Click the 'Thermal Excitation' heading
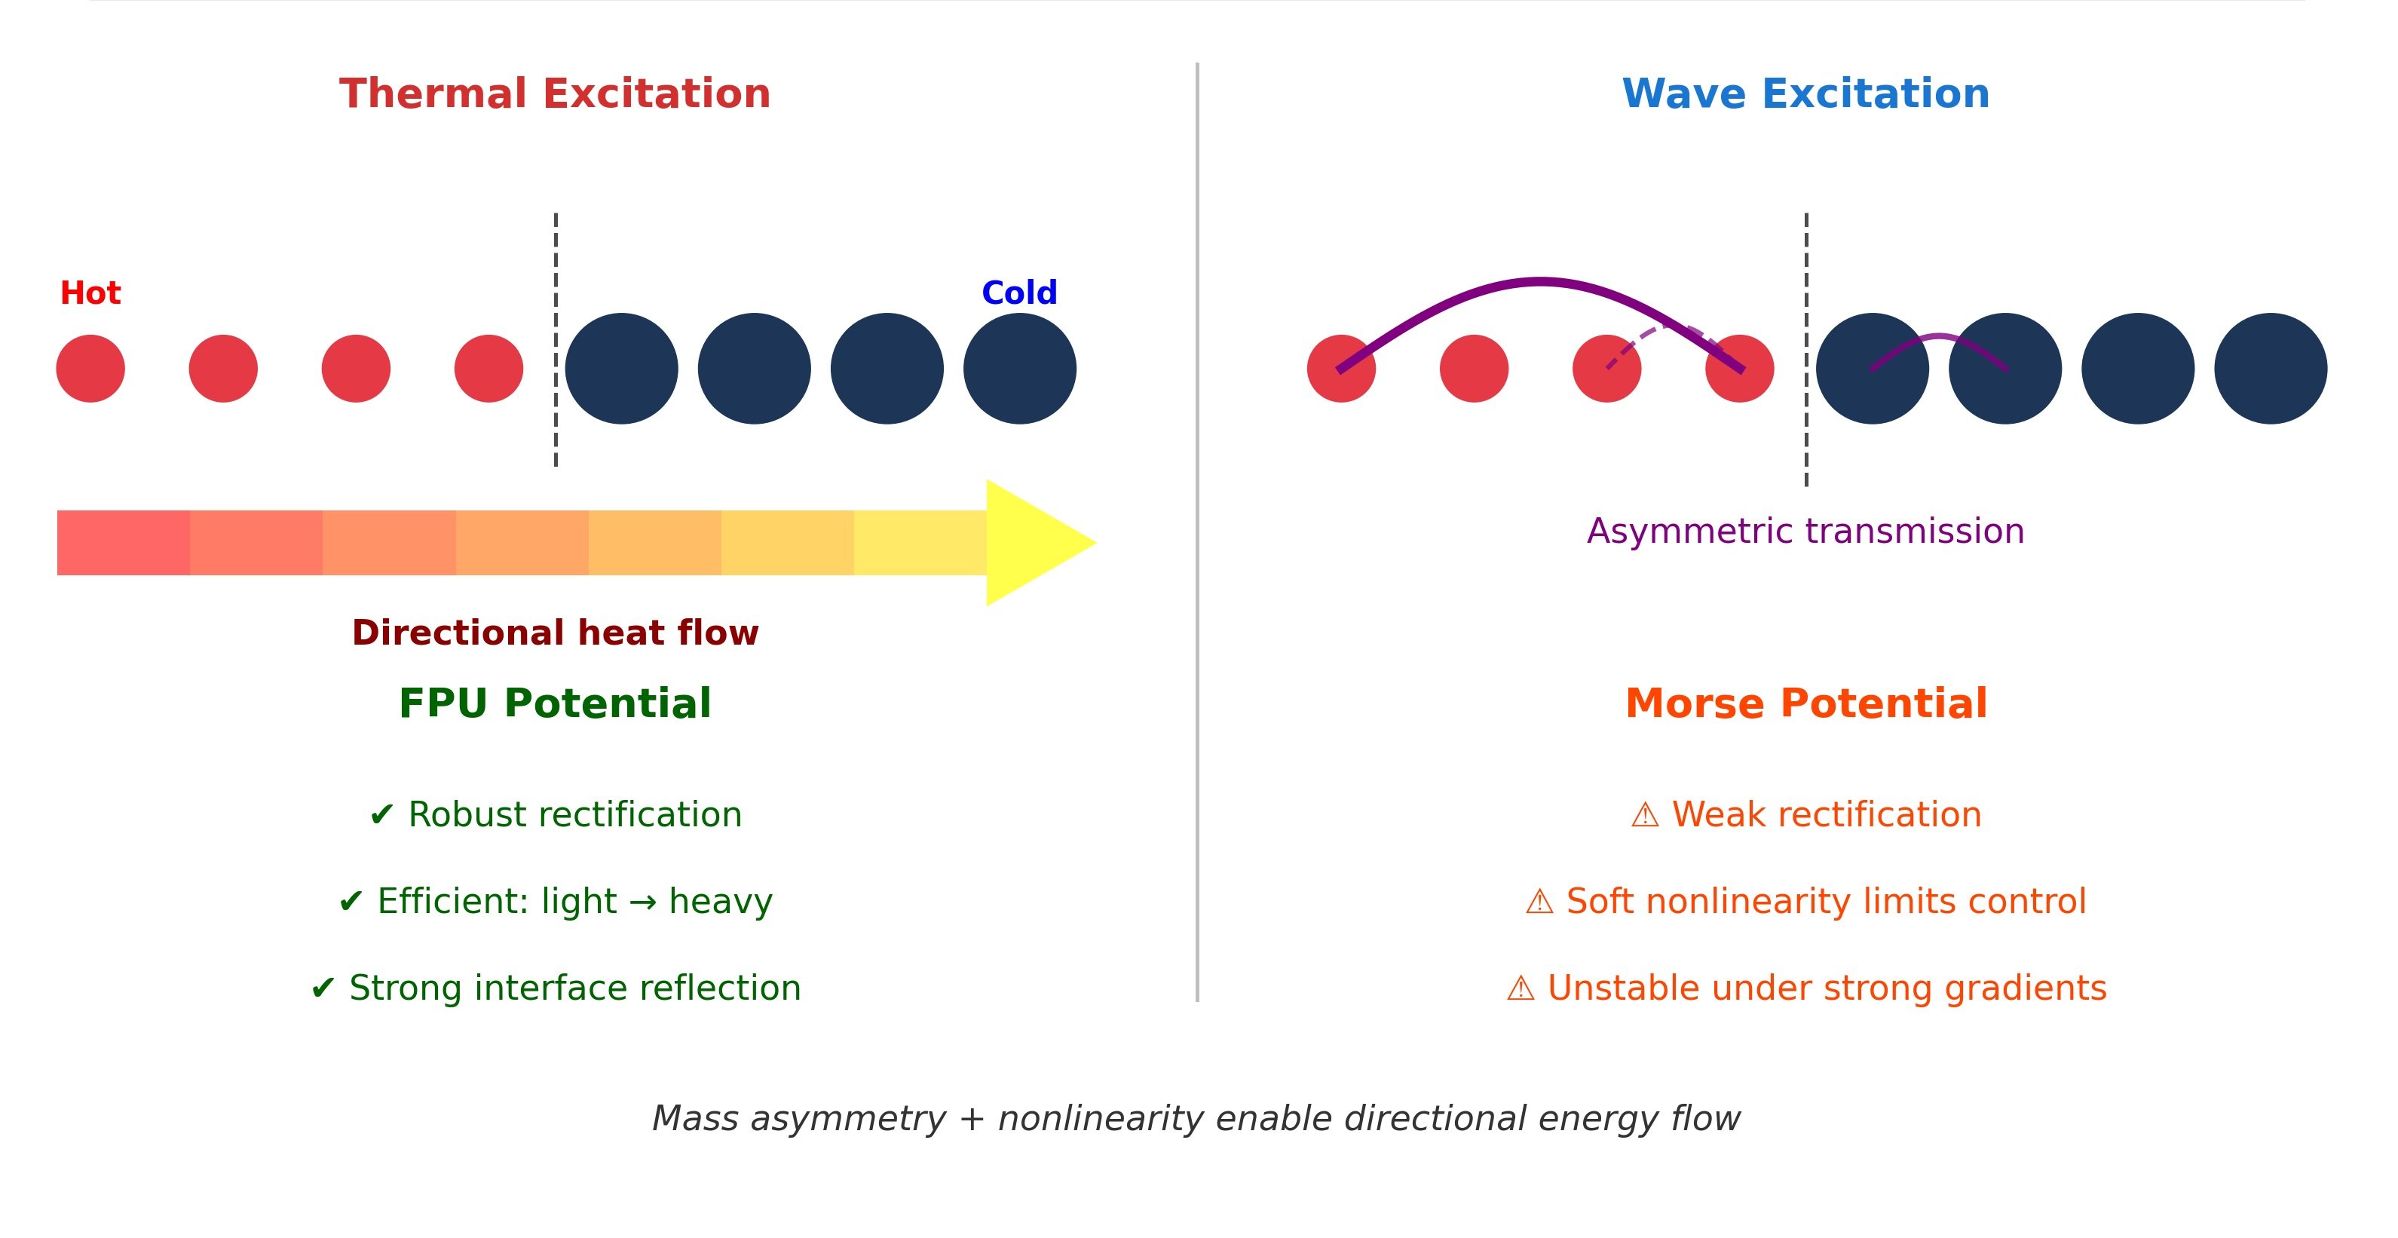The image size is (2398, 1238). click(555, 94)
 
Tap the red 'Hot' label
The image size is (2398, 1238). click(90, 293)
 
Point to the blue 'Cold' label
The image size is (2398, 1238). click(1019, 293)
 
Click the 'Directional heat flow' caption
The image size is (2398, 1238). click(555, 633)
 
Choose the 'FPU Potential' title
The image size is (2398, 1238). click(555, 703)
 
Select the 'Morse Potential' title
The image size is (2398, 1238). click(1806, 703)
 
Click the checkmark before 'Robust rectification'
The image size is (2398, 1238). click(381, 815)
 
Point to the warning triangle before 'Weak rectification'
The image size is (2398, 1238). click(1645, 815)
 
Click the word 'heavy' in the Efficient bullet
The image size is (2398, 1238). click(721, 901)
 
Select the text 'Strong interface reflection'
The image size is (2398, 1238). click(574, 988)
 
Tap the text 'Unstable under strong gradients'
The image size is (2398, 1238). click(1827, 988)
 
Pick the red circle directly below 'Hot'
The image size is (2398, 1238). click(90, 369)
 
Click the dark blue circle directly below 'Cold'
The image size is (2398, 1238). click(1019, 369)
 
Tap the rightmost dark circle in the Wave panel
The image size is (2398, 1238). click(2270, 369)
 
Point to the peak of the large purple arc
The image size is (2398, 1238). click(1539, 280)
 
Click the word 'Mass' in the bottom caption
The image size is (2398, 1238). click(694, 1118)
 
